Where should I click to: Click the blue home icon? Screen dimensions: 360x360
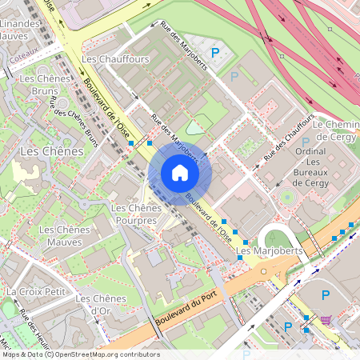(x=180, y=173)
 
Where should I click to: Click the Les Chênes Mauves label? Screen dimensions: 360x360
(x=65, y=236)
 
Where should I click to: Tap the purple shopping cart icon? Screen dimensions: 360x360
(x=326, y=320)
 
